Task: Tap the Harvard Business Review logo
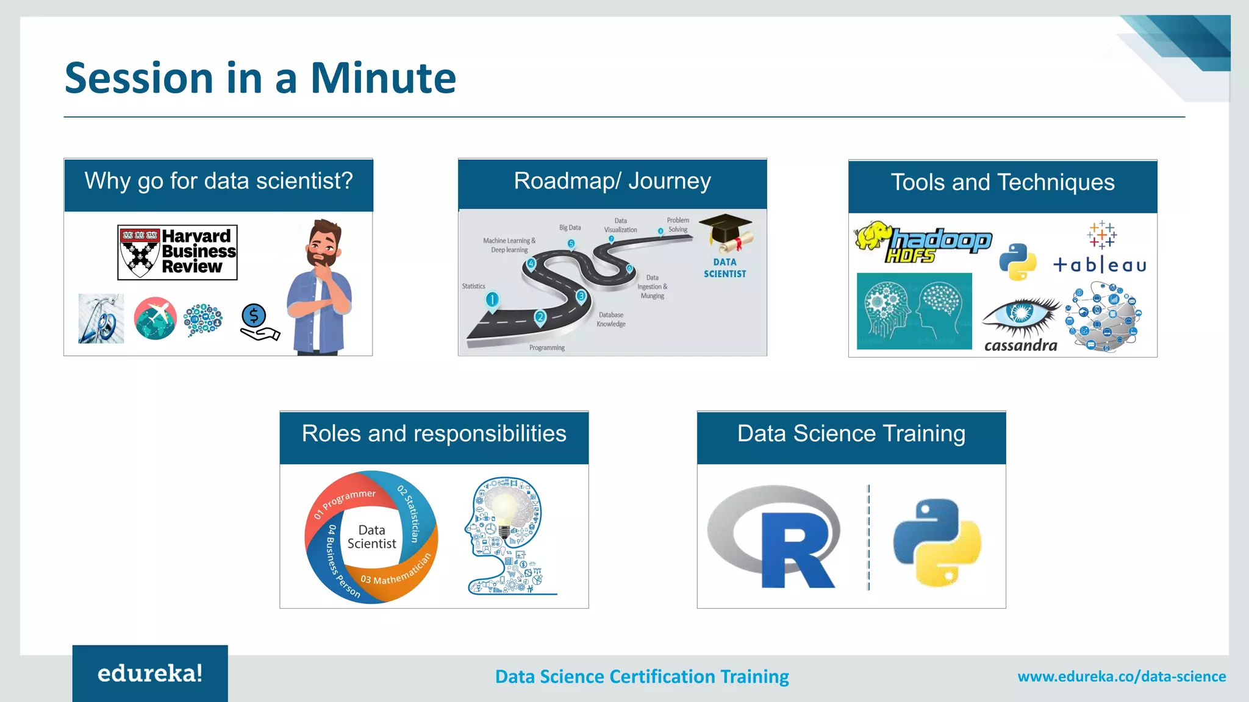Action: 177,252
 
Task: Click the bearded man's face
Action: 324,244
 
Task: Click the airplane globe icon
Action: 155,318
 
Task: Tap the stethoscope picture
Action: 101,319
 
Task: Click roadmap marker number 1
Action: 492,300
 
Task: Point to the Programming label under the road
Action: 546,348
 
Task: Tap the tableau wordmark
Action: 1100,265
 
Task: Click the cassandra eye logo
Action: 1020,314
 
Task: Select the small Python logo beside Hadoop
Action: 1017,262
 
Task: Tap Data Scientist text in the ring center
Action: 372,537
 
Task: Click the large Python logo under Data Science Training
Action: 937,542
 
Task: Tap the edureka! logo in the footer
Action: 150,673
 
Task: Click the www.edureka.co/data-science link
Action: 1121,676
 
